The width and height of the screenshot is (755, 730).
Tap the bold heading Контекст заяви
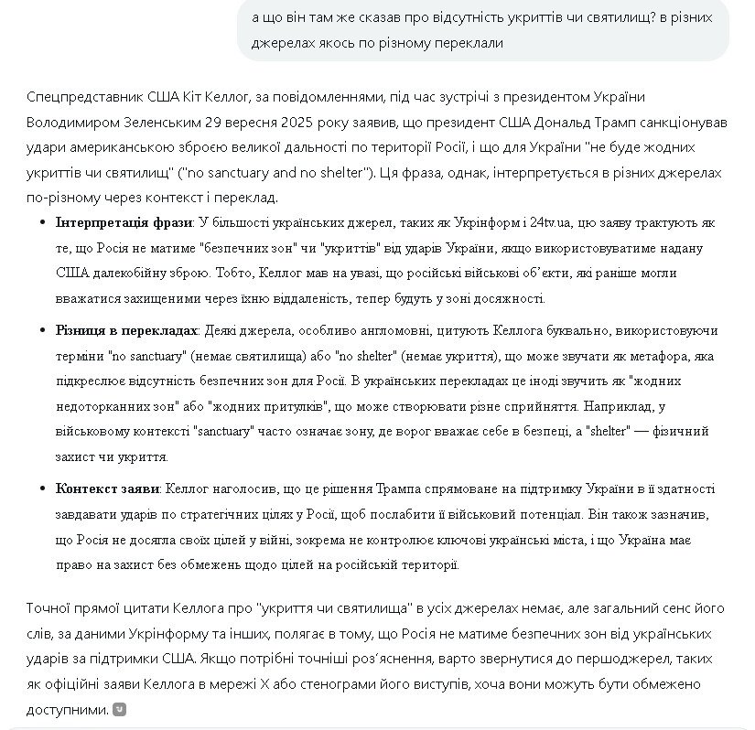coord(106,489)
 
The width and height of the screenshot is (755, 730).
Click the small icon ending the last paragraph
coord(119,709)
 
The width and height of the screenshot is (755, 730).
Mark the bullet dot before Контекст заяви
coord(44,489)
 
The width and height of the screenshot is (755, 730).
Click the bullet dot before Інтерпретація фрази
coord(44,222)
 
